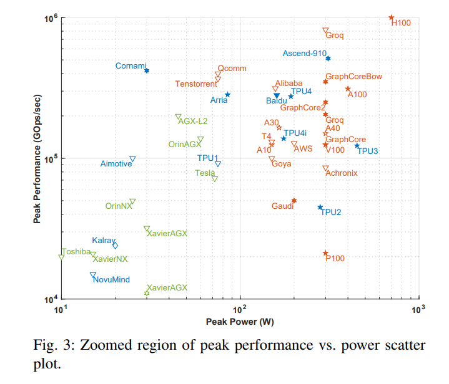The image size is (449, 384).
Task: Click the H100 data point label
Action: (x=402, y=22)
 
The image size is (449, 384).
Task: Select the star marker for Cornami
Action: (x=147, y=71)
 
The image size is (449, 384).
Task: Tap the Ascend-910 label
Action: (x=304, y=54)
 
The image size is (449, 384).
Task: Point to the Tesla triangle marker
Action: (x=215, y=179)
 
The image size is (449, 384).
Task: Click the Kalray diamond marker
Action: (x=115, y=246)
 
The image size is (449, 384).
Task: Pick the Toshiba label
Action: (x=76, y=252)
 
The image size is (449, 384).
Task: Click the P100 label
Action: (x=335, y=258)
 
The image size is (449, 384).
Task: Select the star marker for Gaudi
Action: (x=294, y=201)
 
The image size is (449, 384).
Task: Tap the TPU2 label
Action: (x=331, y=212)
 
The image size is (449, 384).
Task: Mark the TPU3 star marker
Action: (x=357, y=146)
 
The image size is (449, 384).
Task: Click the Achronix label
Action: (x=342, y=173)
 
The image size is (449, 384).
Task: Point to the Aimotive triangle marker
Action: (x=132, y=160)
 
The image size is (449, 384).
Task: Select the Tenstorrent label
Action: (x=196, y=84)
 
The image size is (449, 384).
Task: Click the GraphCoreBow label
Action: (x=354, y=77)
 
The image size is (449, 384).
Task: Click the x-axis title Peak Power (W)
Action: (x=240, y=322)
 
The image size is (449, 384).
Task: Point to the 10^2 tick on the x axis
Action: (x=240, y=308)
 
